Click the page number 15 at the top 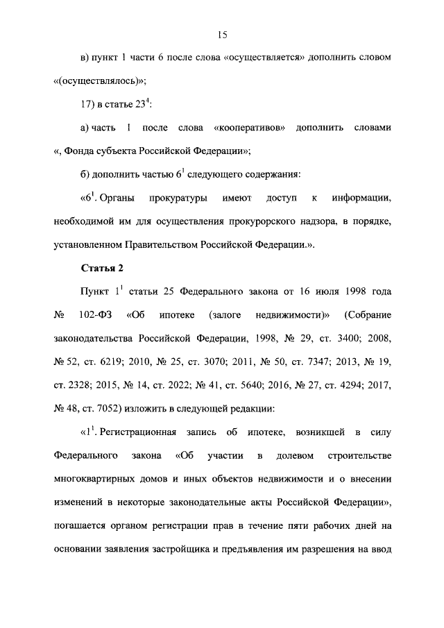(222, 35)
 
